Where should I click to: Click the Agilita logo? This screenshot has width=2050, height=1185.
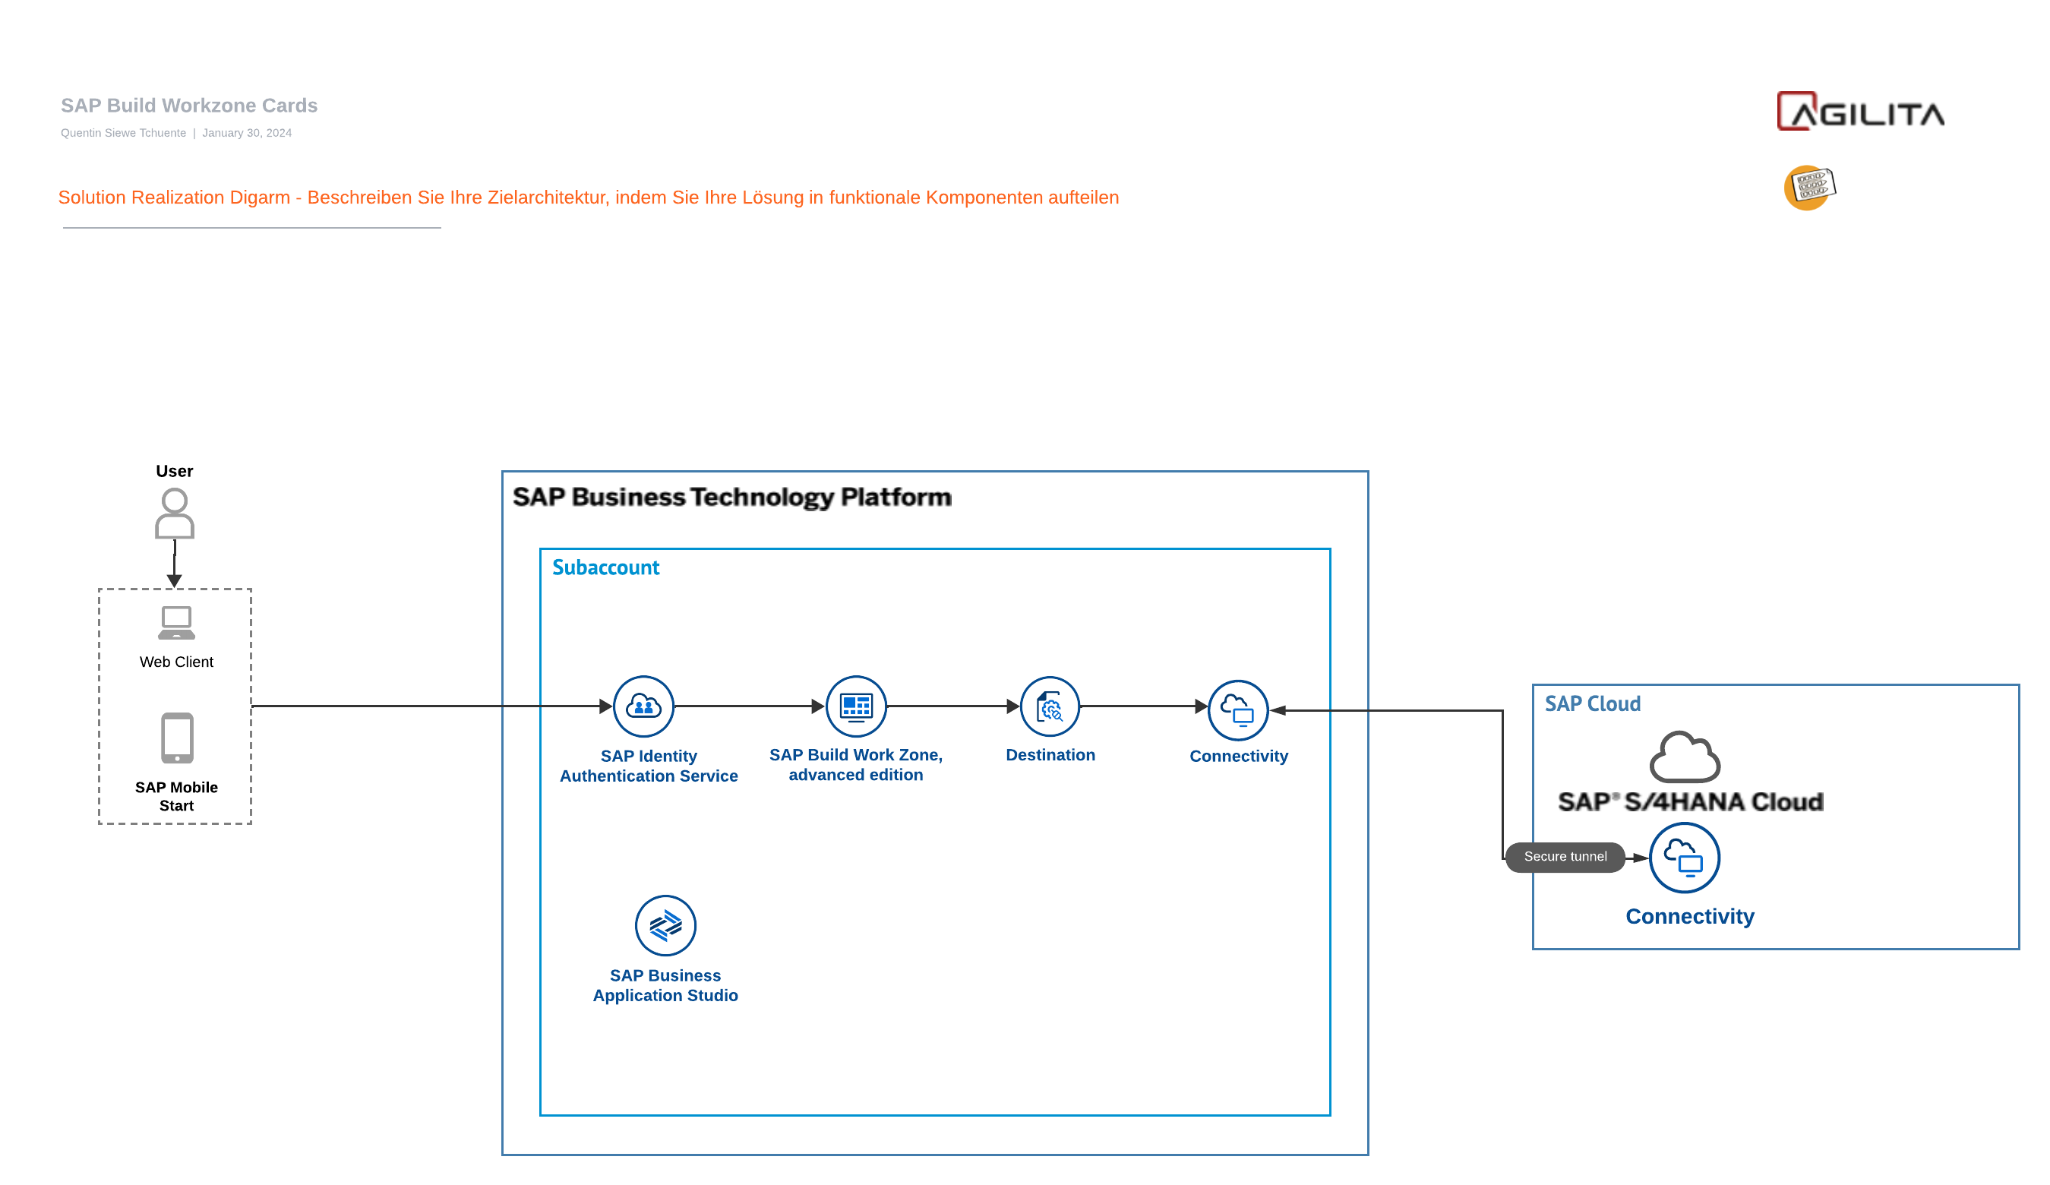[x=1859, y=112]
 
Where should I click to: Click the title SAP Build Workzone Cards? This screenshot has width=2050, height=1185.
[x=188, y=106]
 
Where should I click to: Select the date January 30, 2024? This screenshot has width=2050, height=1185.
[x=247, y=133]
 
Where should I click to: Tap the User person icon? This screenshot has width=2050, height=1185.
[x=174, y=513]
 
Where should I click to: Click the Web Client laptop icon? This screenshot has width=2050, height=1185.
[x=176, y=623]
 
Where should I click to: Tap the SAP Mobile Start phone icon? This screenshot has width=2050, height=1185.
[x=176, y=738]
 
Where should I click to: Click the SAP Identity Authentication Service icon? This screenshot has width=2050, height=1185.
[x=643, y=706]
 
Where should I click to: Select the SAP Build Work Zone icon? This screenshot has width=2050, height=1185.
[x=856, y=706]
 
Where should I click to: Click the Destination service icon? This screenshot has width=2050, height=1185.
[x=1050, y=706]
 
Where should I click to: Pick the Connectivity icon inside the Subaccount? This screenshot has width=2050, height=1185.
[x=1238, y=710]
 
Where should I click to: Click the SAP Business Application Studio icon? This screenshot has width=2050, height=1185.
[x=665, y=925]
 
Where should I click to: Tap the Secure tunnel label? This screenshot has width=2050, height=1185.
[x=1565, y=856]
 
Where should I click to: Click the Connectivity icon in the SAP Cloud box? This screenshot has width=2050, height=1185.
[x=1683, y=858]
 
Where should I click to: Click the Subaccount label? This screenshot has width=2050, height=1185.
[x=605, y=567]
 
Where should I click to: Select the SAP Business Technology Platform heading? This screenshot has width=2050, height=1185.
[x=731, y=497]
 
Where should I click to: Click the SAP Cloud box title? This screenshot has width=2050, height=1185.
[x=1592, y=703]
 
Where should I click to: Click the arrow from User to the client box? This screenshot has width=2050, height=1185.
[x=174, y=563]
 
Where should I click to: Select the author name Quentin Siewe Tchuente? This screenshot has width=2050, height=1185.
[x=123, y=133]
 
